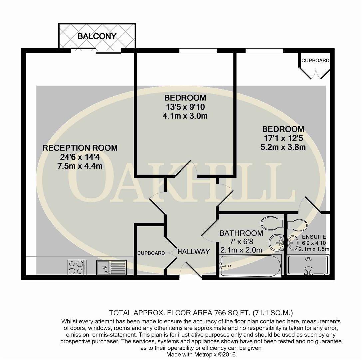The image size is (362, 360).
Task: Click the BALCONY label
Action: point(97,36)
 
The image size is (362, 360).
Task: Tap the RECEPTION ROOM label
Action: point(80,148)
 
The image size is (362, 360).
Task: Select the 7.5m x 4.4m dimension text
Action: point(80,166)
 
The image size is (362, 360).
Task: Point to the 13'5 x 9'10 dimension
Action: point(185,107)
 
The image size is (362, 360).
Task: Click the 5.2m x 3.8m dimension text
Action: point(283,147)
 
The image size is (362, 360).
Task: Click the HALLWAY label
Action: point(193,252)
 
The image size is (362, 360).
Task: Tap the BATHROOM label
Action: point(241,233)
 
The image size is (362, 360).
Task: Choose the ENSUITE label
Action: point(314,237)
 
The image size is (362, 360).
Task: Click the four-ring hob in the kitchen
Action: point(77,267)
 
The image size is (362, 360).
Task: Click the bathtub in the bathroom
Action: point(251,266)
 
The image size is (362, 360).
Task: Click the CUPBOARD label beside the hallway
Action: point(151,253)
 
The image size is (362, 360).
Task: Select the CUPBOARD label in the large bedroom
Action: point(315,61)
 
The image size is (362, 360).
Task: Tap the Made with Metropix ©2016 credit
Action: point(201,354)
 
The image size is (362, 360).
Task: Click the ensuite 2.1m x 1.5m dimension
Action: point(314,249)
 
